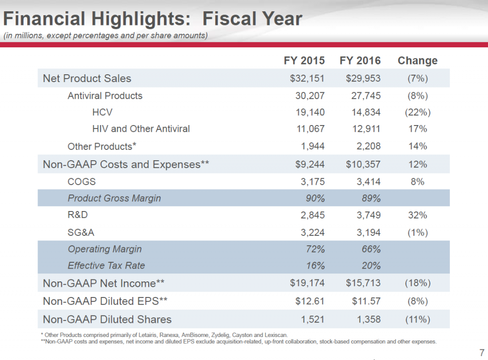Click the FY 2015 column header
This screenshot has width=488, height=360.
pyautogui.click(x=304, y=61)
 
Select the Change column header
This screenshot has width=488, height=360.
pyautogui.click(x=417, y=61)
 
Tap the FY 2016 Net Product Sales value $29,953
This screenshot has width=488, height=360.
pyautogui.click(x=363, y=78)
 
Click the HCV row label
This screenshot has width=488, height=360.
pyautogui.click(x=102, y=112)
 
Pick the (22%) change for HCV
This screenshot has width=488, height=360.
pyautogui.click(x=417, y=112)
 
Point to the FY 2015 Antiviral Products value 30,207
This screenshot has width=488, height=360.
pyautogui.click(x=310, y=96)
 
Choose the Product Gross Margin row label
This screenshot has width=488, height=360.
pyautogui.click(x=114, y=198)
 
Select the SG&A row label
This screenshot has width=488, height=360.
pyautogui.click(x=81, y=233)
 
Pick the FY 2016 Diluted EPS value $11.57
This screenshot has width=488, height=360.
pyautogui.click(x=366, y=301)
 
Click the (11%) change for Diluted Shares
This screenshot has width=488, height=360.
pyautogui.click(x=417, y=319)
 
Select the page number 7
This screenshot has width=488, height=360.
pyautogui.click(x=482, y=353)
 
